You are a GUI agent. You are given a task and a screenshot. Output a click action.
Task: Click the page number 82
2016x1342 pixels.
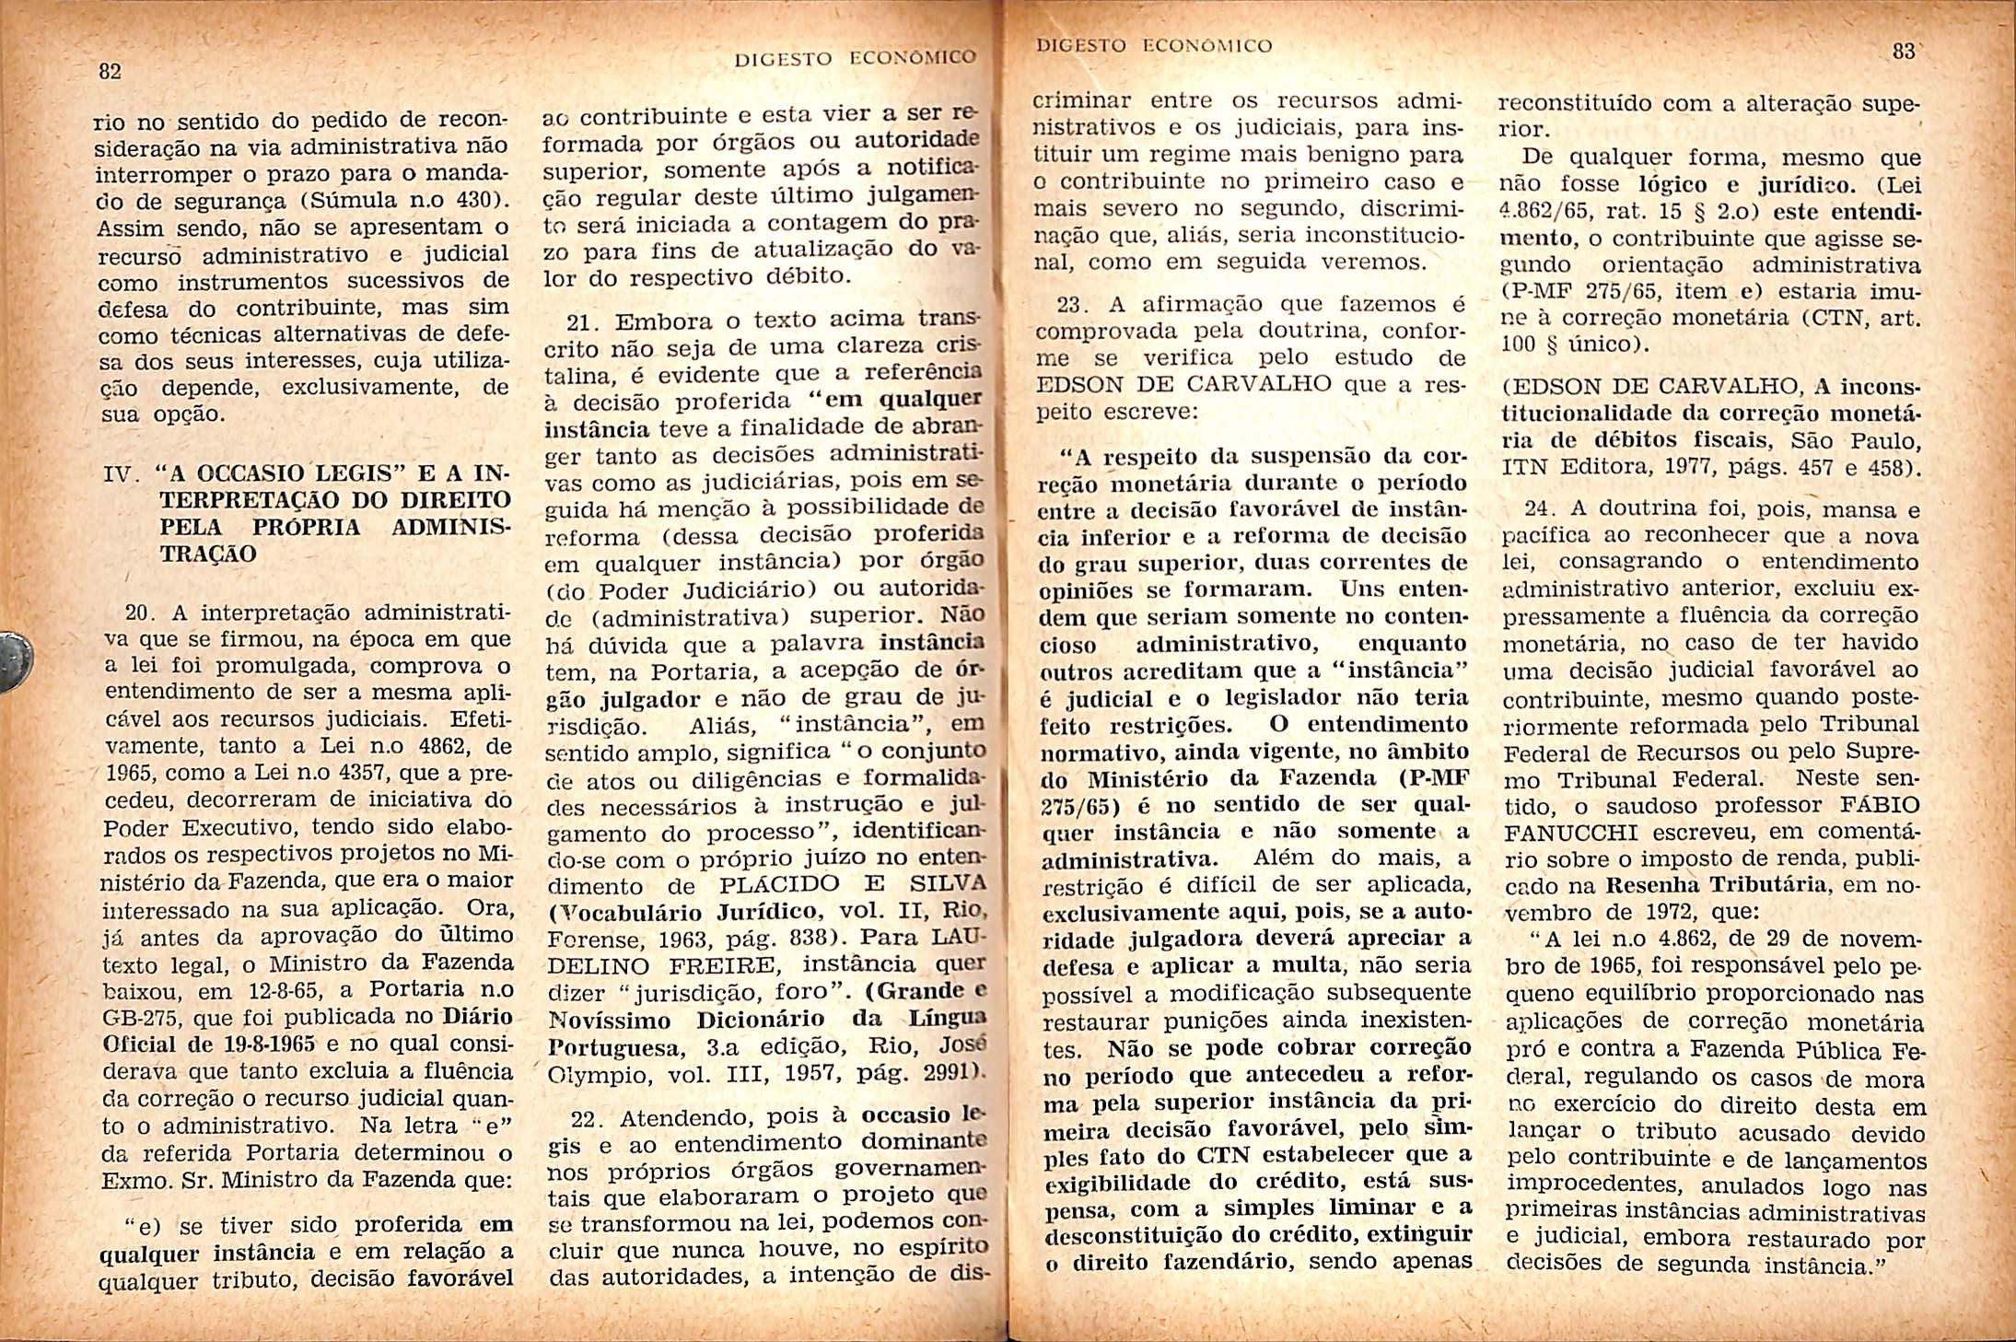point(110,72)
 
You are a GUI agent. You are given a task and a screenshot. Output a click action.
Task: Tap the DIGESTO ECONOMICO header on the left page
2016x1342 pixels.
point(854,59)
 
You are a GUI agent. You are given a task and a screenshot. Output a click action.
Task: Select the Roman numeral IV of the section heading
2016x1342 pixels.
point(122,476)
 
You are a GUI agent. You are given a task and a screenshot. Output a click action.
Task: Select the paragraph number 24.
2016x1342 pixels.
point(1537,508)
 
